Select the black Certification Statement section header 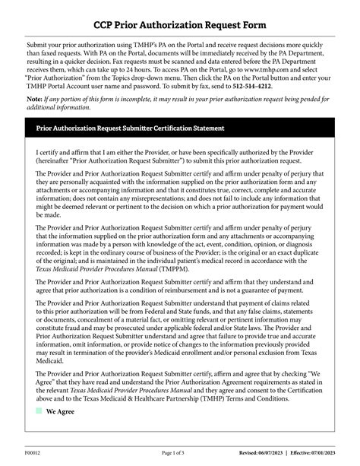pyautogui.click(x=130, y=128)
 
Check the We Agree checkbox pyautogui.click(x=38, y=432)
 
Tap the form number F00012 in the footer pyautogui.click(x=33, y=453)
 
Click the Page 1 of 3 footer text pyautogui.click(x=179, y=453)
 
